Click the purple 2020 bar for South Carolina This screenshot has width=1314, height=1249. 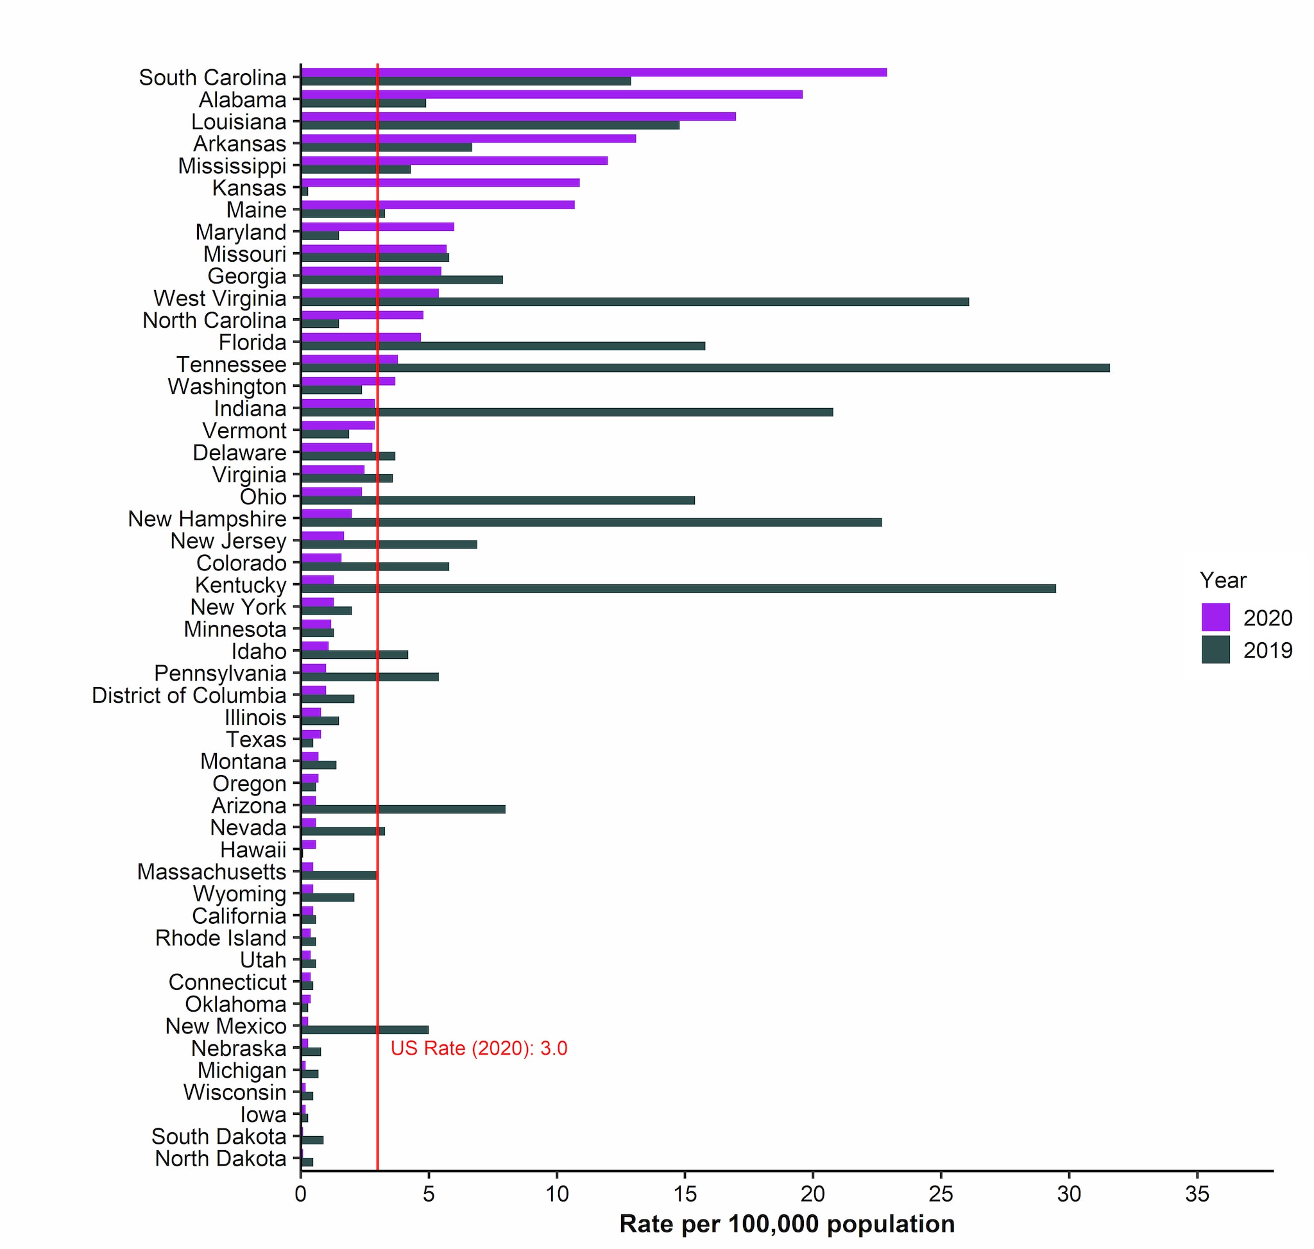(593, 72)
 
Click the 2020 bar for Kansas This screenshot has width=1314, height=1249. (439, 182)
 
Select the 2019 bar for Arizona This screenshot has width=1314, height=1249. (403, 809)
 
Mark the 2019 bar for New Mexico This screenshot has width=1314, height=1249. (364, 1030)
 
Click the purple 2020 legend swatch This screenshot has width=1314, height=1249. (1215, 617)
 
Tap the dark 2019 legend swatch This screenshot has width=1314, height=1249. (1215, 650)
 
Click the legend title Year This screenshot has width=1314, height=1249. (1223, 581)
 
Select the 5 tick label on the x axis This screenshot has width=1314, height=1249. (428, 1194)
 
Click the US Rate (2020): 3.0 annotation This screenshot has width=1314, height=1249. (479, 1049)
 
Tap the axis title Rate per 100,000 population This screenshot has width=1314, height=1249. (787, 1225)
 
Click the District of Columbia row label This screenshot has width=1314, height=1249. (189, 696)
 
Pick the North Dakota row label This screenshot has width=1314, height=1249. (221, 1159)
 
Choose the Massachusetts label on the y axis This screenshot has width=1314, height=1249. (211, 872)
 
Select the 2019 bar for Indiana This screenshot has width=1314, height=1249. (566, 412)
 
